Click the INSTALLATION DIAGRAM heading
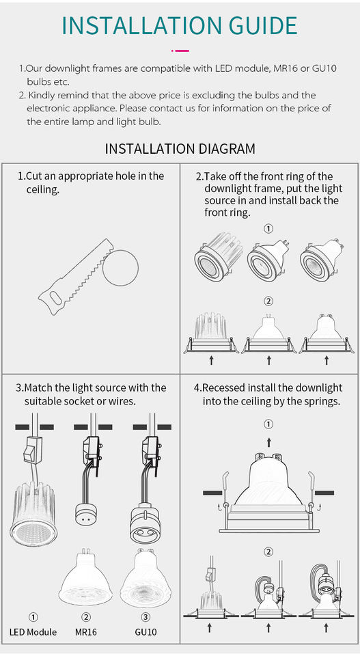180,148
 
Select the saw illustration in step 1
76,277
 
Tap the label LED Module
33,631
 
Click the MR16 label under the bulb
85,631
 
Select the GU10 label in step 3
146,631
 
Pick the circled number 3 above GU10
146,616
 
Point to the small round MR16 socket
85,514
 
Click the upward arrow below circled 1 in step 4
269,442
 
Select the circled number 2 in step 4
269,552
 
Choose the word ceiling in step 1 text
40,189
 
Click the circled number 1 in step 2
269,228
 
